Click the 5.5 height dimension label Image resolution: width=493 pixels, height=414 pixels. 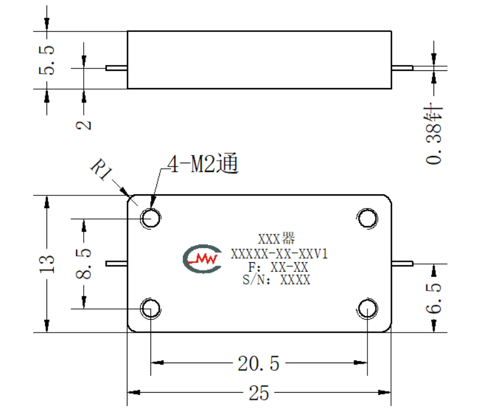[47, 60]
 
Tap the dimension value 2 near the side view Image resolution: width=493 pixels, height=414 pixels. [83, 125]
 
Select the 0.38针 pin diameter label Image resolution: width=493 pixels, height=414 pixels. [434, 135]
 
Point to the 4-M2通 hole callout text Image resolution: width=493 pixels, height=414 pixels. [202, 164]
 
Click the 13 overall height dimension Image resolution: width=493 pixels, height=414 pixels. [47, 264]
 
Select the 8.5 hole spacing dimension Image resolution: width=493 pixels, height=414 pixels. [84, 263]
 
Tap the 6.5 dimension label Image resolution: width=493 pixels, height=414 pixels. [433, 298]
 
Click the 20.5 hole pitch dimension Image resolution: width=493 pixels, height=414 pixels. [258, 364]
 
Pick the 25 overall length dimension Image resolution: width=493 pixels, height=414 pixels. [259, 393]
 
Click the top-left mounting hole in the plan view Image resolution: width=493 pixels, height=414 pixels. [150, 218]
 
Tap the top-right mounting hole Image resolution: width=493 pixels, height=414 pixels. [367, 218]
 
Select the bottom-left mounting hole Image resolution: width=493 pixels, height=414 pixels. [150, 308]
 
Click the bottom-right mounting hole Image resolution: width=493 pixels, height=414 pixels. [367, 308]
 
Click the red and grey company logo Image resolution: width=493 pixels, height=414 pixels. [202, 259]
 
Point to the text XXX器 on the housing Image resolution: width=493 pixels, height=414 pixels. [277, 239]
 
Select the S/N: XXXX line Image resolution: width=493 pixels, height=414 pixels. [277, 279]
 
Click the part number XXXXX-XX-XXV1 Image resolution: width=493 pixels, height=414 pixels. [279, 254]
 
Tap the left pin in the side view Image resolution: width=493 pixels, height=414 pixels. [116, 68]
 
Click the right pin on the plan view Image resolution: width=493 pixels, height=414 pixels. [402, 263]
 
